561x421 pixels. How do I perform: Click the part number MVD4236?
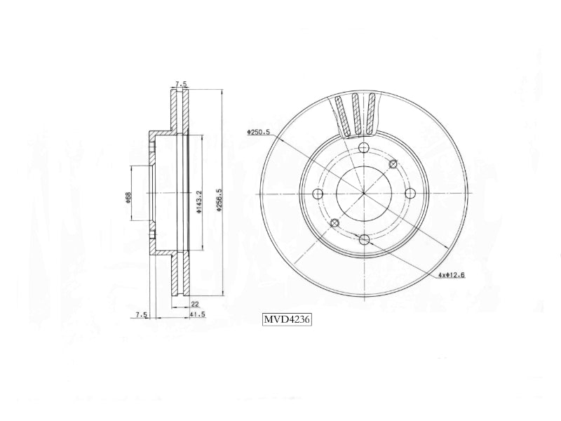(287, 319)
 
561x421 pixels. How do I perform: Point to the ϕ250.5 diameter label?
(258, 132)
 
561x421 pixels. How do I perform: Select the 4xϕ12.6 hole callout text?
(452, 275)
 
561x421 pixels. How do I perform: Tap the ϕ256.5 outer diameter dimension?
(219, 200)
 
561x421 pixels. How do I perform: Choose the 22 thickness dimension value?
(195, 305)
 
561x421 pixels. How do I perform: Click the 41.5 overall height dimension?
(198, 314)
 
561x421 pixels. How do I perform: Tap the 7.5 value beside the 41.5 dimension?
(142, 314)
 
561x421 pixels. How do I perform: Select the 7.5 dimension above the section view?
(181, 84)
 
